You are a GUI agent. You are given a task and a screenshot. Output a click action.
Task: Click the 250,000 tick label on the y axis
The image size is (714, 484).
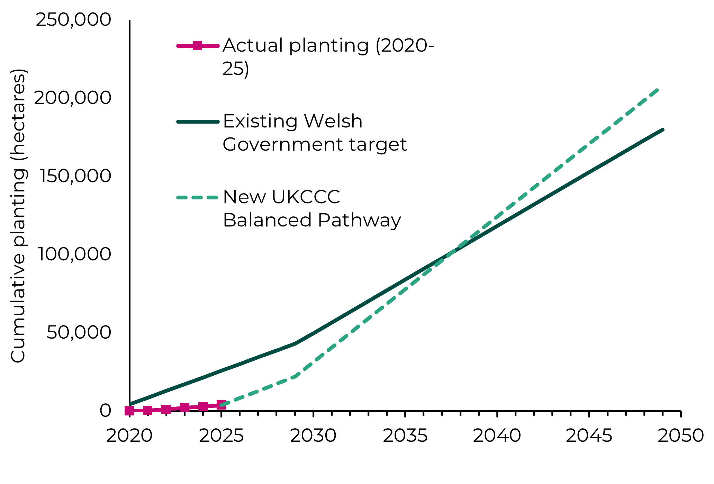[73, 20]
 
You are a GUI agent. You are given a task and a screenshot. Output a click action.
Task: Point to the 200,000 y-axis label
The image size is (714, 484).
[73, 98]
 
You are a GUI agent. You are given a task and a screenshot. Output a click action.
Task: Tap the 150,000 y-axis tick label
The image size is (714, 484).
[75, 176]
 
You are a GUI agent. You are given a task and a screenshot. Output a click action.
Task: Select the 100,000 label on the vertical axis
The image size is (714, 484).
[74, 254]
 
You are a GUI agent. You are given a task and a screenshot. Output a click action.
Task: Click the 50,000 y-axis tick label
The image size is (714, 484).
[79, 332]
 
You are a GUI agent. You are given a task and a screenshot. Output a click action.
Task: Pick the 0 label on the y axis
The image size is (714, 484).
[105, 411]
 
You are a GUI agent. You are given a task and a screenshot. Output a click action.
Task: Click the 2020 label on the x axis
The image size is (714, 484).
[129, 436]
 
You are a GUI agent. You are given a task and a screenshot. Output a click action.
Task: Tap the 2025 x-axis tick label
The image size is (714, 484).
[221, 436]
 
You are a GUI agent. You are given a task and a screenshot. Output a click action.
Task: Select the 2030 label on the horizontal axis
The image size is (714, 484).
[313, 436]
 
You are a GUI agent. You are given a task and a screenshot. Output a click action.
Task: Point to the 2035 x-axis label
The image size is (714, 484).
[405, 436]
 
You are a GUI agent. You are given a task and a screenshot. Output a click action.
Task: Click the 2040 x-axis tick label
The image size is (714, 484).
[497, 436]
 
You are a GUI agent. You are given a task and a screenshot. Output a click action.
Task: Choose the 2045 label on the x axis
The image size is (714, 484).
[589, 436]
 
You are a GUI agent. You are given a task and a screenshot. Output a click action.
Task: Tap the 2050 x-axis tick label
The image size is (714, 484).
[680, 436]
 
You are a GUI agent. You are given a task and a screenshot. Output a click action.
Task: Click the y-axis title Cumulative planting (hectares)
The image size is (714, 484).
[18, 216]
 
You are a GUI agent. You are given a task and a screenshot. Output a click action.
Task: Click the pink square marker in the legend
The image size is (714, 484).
[197, 45]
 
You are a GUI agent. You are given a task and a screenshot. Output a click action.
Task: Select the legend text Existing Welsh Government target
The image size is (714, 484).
[314, 133]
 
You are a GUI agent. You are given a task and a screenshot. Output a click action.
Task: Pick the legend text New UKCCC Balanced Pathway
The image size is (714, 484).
[311, 208]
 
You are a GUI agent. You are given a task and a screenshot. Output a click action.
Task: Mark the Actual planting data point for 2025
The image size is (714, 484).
[221, 405]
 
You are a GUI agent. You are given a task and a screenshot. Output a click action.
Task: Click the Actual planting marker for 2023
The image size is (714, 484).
[184, 408]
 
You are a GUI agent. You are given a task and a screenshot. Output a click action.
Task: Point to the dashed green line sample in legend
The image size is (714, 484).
[197, 198]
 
